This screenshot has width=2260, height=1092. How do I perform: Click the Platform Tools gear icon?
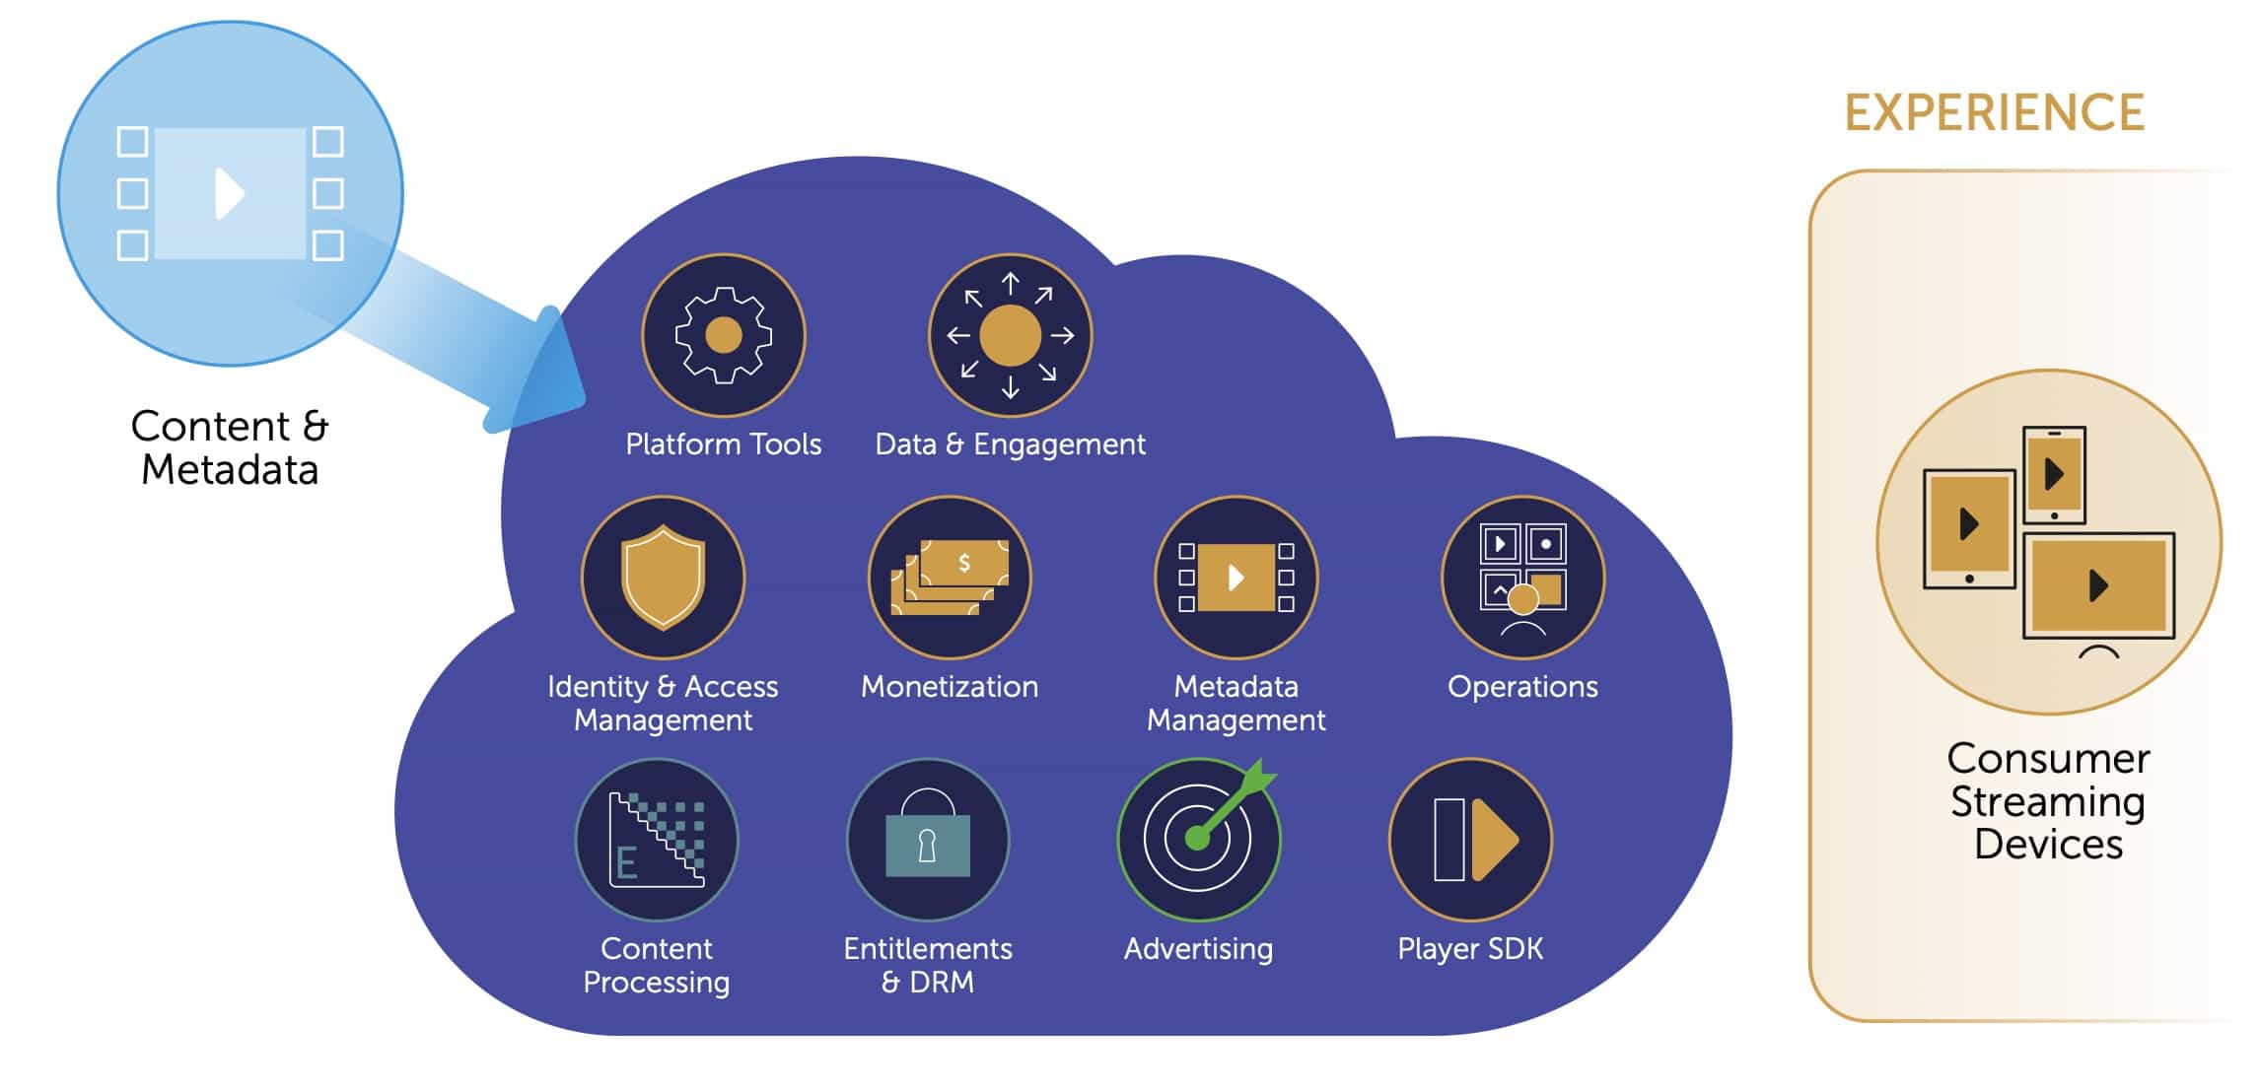point(724,335)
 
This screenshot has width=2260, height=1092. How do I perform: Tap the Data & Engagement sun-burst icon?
point(1010,335)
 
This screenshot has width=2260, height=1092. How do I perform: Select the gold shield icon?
point(663,578)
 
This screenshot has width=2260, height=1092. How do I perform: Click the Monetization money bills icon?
point(950,578)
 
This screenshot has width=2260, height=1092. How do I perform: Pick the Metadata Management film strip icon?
point(1236,578)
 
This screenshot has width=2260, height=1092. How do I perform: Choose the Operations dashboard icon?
point(1522,578)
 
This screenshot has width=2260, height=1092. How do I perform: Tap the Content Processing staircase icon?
point(657,840)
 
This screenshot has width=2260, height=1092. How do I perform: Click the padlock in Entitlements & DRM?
point(928,838)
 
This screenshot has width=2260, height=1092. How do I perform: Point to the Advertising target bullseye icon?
point(1198,838)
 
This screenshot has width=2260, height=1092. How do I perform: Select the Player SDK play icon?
point(1470,840)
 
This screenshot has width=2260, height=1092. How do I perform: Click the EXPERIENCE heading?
point(1994,112)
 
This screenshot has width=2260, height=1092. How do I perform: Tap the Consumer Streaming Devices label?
point(2048,801)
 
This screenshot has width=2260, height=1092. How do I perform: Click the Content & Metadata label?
point(230,447)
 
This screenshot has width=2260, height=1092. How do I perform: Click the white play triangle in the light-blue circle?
point(229,193)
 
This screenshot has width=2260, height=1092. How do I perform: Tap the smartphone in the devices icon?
point(2054,474)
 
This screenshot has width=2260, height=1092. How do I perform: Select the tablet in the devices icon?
point(1969,527)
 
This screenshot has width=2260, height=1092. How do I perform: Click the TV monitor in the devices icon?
point(2098,586)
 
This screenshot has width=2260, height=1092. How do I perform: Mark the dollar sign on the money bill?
point(964,563)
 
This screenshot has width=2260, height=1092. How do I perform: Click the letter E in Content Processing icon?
point(625,863)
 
